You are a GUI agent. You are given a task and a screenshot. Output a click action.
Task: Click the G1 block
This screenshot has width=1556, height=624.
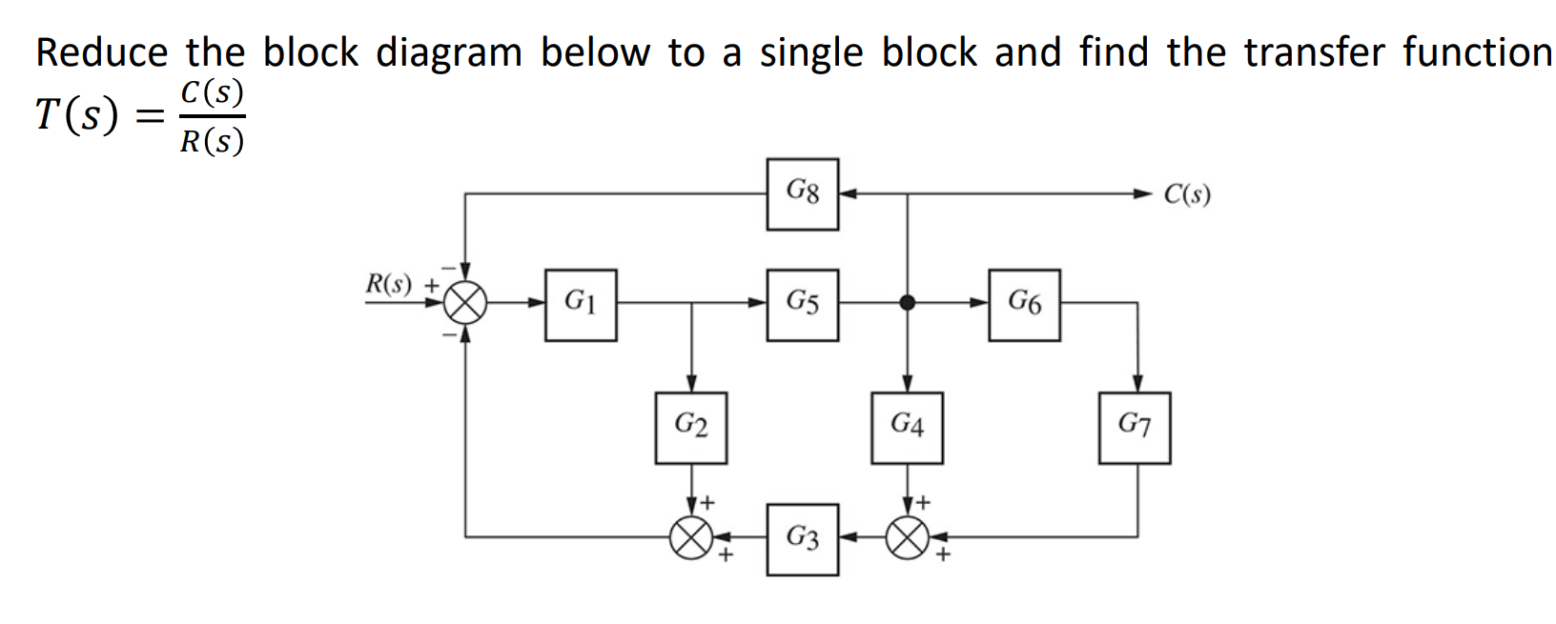pyautogui.click(x=581, y=305)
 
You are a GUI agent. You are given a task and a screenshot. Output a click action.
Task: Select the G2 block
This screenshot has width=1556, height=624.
pyautogui.click(x=691, y=428)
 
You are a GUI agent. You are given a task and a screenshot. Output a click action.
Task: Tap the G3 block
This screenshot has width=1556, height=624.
pyautogui.click(x=802, y=539)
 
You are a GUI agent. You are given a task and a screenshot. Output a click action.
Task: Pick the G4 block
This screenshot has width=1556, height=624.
pyautogui.click(x=907, y=428)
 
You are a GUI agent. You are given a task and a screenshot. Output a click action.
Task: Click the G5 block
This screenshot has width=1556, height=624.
pyautogui.click(x=802, y=305)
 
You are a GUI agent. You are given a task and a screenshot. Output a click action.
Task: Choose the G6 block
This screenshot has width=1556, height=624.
pyautogui.click(x=1024, y=305)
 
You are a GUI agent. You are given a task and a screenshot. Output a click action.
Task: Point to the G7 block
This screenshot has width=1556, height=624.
pyautogui.click(x=1134, y=428)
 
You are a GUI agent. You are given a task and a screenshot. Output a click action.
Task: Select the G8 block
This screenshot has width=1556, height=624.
pyautogui.click(x=802, y=194)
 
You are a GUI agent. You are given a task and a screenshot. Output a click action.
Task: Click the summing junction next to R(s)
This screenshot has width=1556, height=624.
pyautogui.click(x=465, y=304)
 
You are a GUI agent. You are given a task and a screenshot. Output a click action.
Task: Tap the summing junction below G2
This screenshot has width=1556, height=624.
pyautogui.click(x=691, y=538)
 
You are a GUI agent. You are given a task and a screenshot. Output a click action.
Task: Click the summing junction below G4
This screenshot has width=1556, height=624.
pyautogui.click(x=907, y=538)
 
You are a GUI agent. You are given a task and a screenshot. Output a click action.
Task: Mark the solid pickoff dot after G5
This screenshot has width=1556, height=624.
pyautogui.click(x=907, y=303)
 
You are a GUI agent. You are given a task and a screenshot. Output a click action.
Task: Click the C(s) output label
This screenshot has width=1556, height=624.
pyautogui.click(x=1187, y=194)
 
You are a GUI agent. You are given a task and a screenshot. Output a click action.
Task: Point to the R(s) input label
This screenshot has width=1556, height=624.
pyautogui.click(x=389, y=284)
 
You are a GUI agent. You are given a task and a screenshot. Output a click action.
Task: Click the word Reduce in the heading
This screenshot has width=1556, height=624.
pyautogui.click(x=102, y=52)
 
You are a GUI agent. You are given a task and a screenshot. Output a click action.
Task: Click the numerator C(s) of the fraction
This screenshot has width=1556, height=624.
pyautogui.click(x=212, y=92)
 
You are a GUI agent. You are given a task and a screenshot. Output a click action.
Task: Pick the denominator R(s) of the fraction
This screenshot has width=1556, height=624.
pyautogui.click(x=212, y=141)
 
